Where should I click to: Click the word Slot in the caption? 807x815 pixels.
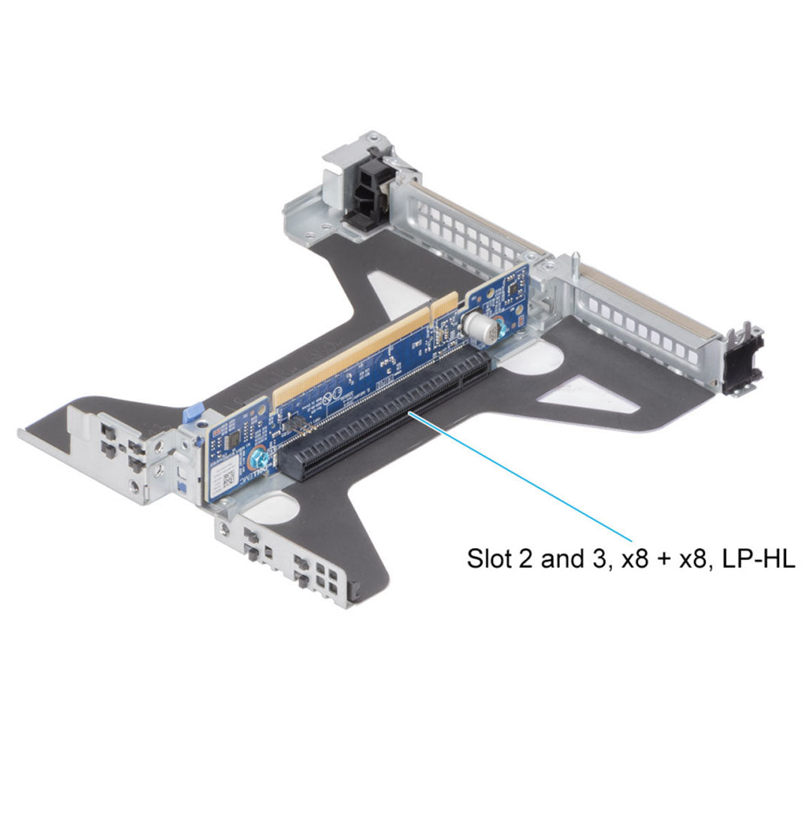[x=486, y=559]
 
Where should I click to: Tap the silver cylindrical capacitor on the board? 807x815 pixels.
[x=478, y=328]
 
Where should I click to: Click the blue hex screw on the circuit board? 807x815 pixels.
[x=258, y=458]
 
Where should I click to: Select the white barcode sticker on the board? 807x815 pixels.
[x=225, y=477]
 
